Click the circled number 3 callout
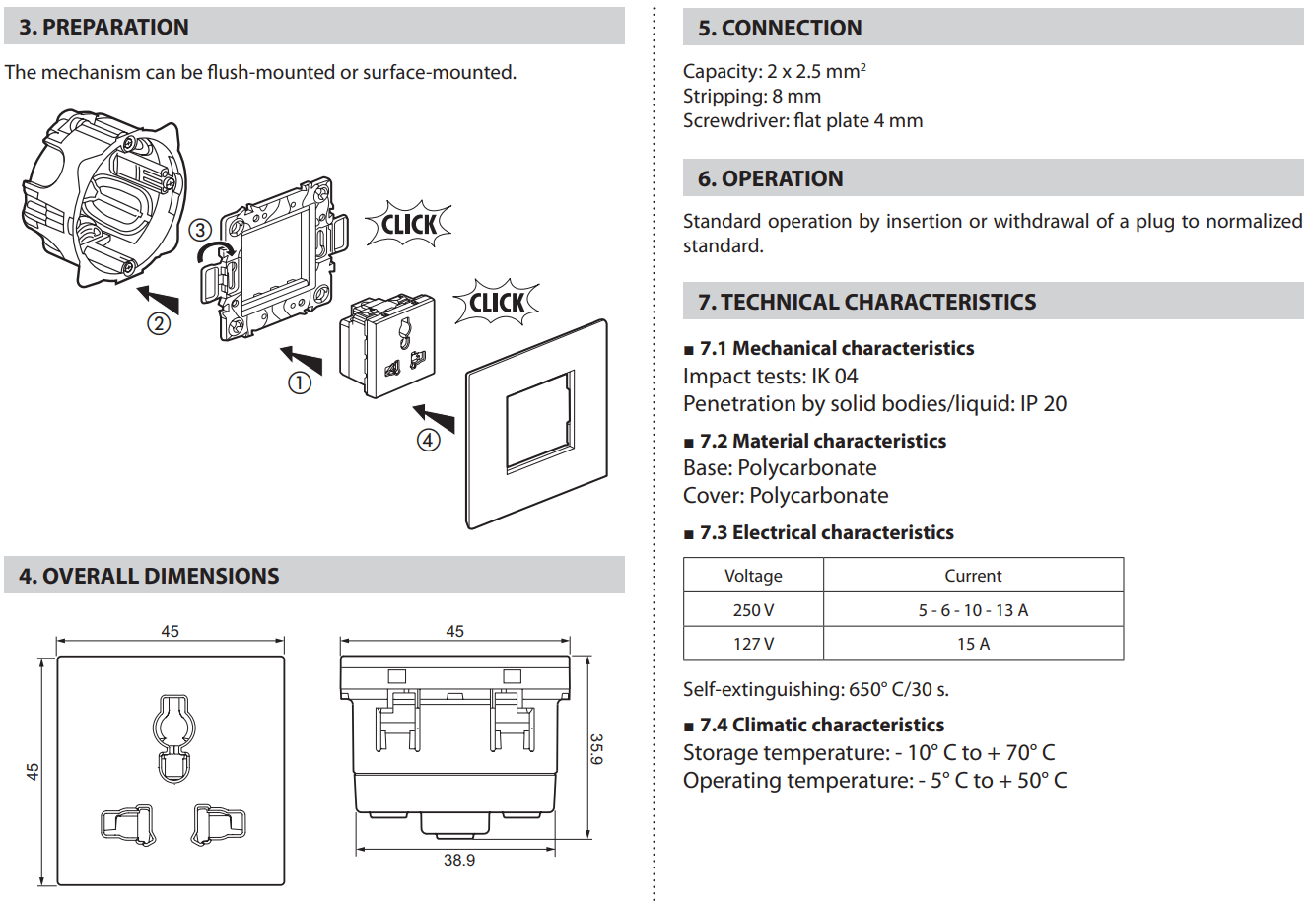(x=200, y=230)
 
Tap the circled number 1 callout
(x=300, y=383)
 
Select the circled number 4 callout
(x=428, y=440)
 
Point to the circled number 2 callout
(x=159, y=323)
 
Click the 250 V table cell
(x=753, y=610)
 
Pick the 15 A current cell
(x=973, y=644)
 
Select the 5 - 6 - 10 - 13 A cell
(x=973, y=610)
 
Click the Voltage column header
(x=753, y=576)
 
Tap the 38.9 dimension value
(x=459, y=860)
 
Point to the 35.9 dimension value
(x=596, y=748)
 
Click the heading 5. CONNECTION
(x=780, y=28)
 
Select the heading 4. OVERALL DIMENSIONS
(x=149, y=576)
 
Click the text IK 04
(x=834, y=376)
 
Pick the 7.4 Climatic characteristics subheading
(x=822, y=725)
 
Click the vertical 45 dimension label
(x=33, y=771)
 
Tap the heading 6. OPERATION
(x=770, y=178)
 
